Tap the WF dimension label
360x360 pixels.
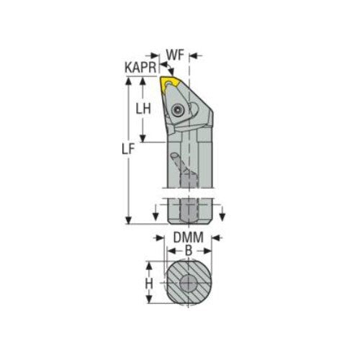176,54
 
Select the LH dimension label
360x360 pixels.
143,109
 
